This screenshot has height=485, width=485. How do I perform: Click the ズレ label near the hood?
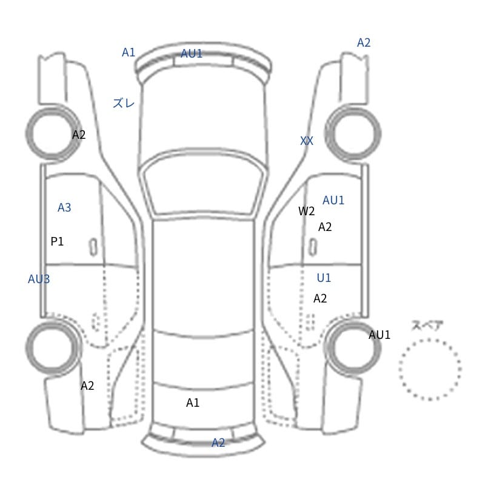coord(124,103)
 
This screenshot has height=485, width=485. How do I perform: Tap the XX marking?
coord(307,141)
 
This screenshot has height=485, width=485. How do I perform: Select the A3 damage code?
coord(64,207)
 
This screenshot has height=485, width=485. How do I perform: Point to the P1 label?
coord(57,241)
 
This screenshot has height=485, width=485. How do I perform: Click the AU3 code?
coord(39,279)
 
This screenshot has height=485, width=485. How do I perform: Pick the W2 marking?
coord(307,211)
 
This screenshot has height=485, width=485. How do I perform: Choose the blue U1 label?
coord(324,278)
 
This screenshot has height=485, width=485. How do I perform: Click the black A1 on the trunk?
coord(193,403)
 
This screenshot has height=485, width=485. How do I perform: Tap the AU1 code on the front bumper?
coord(192,53)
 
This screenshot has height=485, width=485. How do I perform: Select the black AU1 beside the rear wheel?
coord(380,335)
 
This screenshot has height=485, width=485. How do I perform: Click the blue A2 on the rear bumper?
coord(218,443)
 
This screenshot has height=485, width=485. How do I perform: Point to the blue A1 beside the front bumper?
coord(129,52)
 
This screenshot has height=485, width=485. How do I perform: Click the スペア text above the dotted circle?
coord(423,326)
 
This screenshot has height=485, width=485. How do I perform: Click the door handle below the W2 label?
coord(313,247)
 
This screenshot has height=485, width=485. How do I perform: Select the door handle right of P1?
coord(93,247)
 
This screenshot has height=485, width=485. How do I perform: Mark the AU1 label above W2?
coord(333,201)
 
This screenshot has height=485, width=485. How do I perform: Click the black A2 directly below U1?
coord(320,298)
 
